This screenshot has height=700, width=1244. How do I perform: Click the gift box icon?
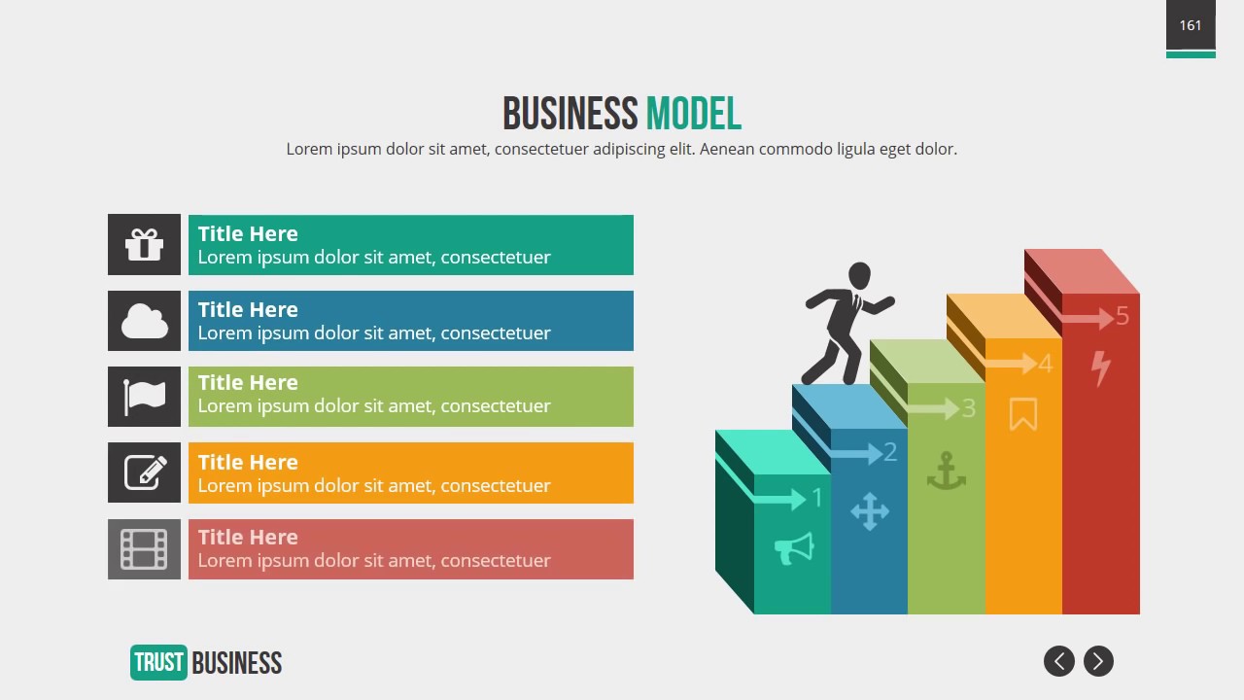click(144, 244)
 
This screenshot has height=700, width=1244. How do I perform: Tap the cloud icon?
click(144, 321)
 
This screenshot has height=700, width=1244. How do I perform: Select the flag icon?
click(144, 397)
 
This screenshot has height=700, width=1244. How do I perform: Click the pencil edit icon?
click(145, 472)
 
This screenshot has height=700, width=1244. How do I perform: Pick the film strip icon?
click(144, 549)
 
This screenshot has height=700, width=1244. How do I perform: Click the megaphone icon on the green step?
click(793, 549)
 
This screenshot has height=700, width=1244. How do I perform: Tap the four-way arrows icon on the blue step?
click(869, 511)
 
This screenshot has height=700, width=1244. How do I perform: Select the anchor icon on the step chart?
click(946, 472)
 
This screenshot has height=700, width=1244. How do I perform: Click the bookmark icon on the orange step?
click(1022, 414)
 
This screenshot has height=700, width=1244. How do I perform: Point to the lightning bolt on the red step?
click(1100, 368)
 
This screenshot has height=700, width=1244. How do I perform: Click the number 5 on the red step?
click(1123, 316)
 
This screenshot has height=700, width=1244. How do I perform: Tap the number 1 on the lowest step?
click(817, 498)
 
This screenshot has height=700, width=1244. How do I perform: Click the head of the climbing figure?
click(859, 275)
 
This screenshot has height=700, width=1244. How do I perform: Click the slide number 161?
click(1191, 25)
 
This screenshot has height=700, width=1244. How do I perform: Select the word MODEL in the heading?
click(693, 114)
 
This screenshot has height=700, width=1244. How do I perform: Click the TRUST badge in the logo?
click(158, 663)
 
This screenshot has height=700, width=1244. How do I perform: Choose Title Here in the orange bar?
click(248, 462)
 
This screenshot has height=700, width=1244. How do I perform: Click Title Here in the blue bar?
click(248, 309)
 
